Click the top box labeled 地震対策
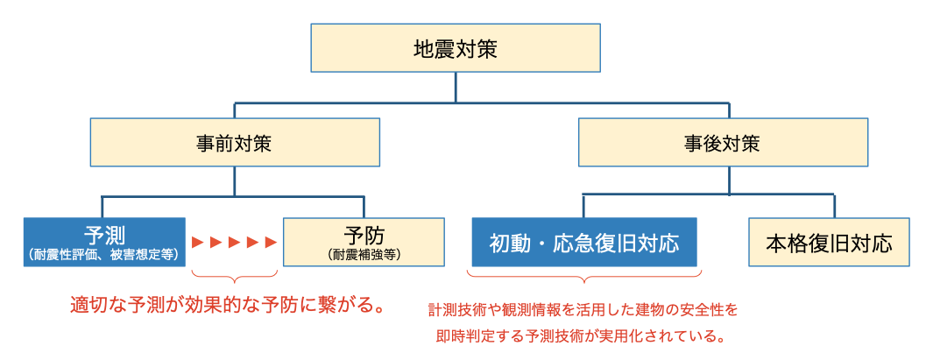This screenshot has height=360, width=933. pos(456,48)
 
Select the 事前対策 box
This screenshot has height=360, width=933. pos(234,143)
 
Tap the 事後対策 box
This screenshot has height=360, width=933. pos(723,143)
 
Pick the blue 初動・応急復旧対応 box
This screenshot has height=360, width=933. pos(584,243)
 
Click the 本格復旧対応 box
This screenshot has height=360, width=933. pos(829,243)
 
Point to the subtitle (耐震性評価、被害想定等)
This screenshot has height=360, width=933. pos(104,255)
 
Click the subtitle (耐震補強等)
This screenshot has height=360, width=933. pos(365,255)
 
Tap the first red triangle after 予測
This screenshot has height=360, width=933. pos(198,242)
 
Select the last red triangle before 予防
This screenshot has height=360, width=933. pos(272,242)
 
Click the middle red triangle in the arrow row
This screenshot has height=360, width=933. pos(235,242)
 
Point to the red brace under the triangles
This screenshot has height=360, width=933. pos(234,279)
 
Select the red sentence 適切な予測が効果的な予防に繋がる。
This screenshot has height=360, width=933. pos(230,307)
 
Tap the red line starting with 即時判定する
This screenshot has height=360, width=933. pos(583,335)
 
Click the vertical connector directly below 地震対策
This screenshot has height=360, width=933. pos(456,88)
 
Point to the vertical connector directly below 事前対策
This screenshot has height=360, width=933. pos(234,180)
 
